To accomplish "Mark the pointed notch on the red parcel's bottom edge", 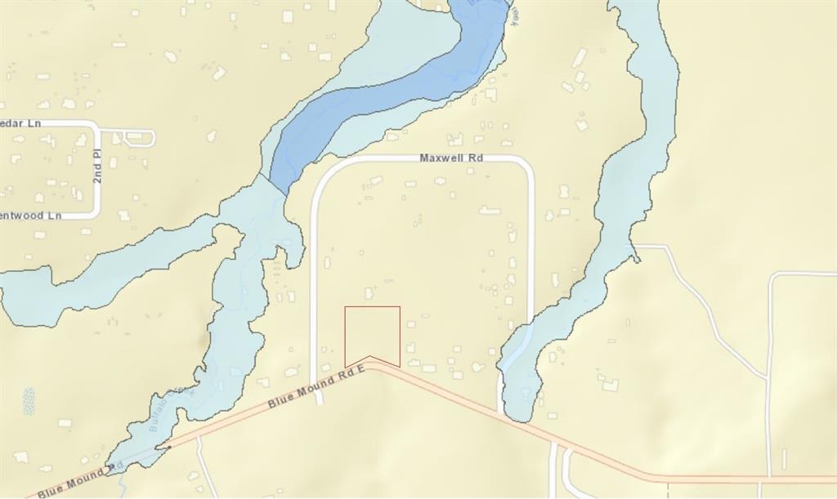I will coord(370,357).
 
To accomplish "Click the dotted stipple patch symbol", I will coord(29,401).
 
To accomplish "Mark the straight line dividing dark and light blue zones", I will coord(276,183).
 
